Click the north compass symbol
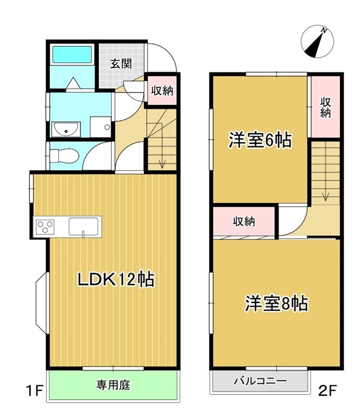(317, 41)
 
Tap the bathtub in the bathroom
(72, 55)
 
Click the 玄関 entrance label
(121, 64)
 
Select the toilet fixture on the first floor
(64, 155)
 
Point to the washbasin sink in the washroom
(66, 129)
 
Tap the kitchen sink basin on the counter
(83, 226)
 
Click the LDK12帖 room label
(116, 280)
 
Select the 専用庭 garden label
(113, 385)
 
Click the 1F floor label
(35, 390)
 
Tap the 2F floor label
(327, 390)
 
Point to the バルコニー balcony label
(260, 381)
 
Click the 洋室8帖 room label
(276, 304)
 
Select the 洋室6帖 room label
(260, 140)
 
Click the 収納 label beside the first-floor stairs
(162, 91)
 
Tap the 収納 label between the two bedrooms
(244, 222)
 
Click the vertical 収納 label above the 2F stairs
(326, 108)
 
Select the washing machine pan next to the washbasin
(101, 127)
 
